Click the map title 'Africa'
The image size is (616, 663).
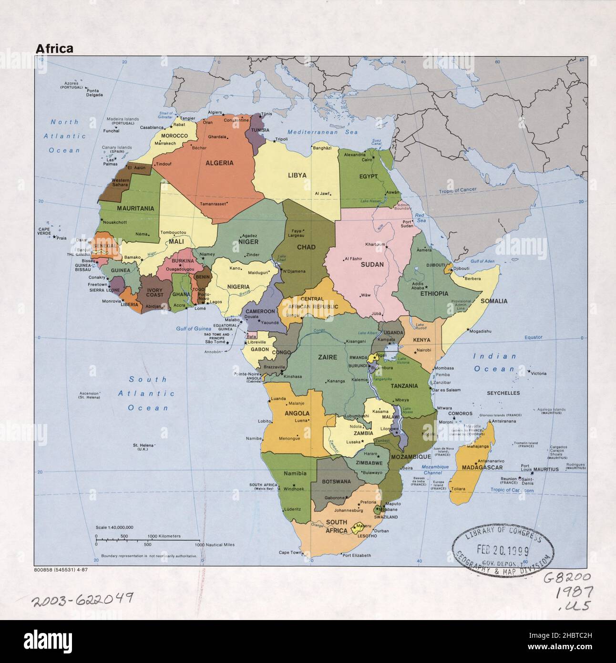54,48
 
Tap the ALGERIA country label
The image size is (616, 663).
219,163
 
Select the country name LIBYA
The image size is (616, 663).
297,176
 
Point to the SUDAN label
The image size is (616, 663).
372,264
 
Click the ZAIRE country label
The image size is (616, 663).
328,357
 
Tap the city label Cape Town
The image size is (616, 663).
290,552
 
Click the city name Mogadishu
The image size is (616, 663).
480,331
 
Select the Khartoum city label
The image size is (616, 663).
375,244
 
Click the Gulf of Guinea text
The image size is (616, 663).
193,329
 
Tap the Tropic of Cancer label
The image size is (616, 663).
458,190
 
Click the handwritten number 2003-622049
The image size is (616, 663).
82,599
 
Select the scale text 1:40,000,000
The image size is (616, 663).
114,527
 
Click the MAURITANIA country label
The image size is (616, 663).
135,208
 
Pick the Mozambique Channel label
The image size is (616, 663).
435,470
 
